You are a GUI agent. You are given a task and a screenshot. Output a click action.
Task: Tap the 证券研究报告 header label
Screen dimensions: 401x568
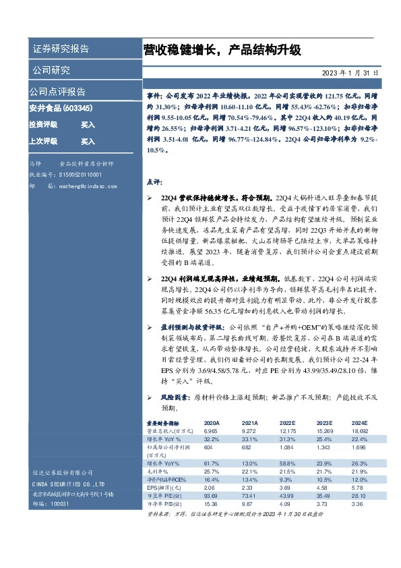point(61,49)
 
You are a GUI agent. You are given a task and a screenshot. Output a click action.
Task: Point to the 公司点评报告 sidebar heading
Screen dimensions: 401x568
point(57,92)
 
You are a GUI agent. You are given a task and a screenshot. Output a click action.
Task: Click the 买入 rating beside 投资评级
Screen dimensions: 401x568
point(88,125)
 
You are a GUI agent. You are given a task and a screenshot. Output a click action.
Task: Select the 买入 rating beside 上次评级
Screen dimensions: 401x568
point(88,142)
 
